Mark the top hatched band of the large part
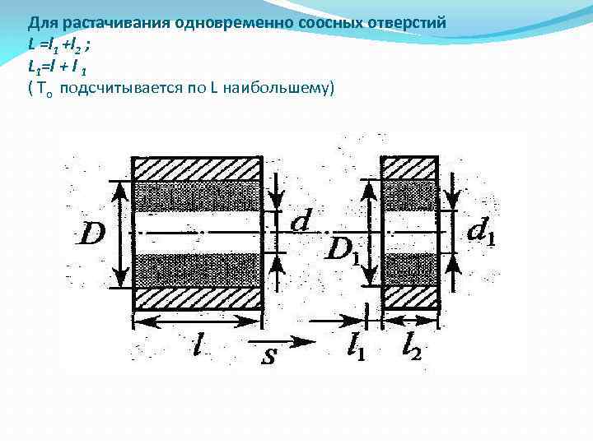tap(197, 169)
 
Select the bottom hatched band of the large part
tap(197, 298)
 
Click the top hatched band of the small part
tap(409, 169)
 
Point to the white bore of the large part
tap(197, 234)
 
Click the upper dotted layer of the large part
tap(197, 197)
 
